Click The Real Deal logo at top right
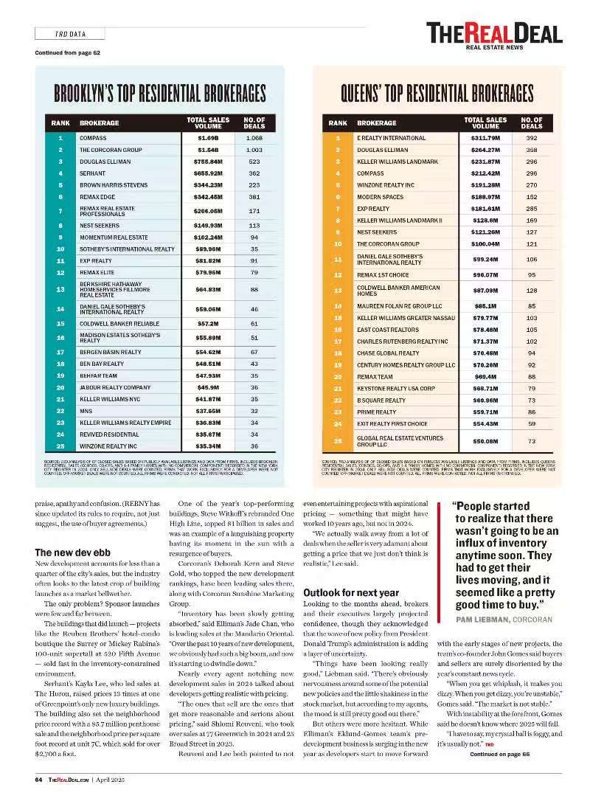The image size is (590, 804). tap(494, 35)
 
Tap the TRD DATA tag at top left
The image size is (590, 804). tap(70, 34)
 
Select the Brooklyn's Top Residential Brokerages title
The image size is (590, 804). tap(159, 94)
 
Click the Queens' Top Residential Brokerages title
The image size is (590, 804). tap(437, 94)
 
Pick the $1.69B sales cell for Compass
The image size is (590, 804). tap(208, 138)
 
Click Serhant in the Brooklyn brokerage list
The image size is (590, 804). tap(93, 173)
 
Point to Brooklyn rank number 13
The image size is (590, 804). tap(60, 290)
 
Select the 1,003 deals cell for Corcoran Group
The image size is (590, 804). tap(254, 150)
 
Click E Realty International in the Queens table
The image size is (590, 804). tap(391, 138)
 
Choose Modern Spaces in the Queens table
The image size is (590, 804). tap(380, 197)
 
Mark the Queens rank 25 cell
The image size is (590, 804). tap(338, 441)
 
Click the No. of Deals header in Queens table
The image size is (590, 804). tap(531, 122)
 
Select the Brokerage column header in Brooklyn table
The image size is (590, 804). tap(99, 122)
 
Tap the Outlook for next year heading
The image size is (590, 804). tap(351, 592)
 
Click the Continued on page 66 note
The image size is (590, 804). tap(499, 754)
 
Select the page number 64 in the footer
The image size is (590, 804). tap(38, 778)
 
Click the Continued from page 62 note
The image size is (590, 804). tap(67, 52)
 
